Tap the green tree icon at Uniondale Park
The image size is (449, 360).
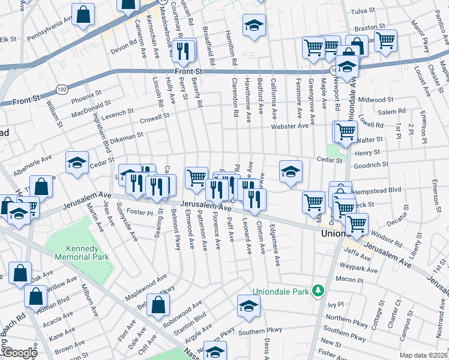[x=319, y=292]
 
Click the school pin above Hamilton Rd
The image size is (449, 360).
[x=253, y=26]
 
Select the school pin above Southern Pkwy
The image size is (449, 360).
[x=248, y=305]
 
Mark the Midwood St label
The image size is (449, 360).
[x=375, y=100]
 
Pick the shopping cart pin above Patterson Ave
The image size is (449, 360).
[x=196, y=178]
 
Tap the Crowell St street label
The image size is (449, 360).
[x=154, y=118]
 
